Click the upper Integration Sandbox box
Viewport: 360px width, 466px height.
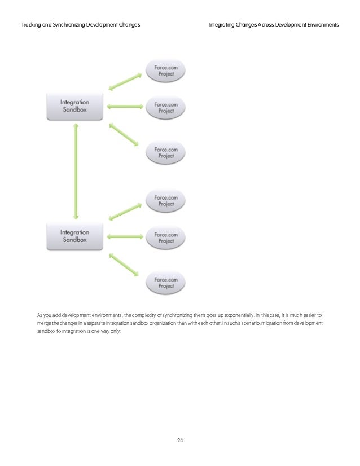pos(74,106)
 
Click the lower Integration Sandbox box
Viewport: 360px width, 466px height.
pos(74,236)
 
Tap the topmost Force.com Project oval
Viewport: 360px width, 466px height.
pos(166,70)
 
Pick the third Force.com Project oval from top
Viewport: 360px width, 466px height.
pos(166,152)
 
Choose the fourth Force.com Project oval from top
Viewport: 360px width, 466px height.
pos(166,200)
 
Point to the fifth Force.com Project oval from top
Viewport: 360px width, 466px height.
pos(166,237)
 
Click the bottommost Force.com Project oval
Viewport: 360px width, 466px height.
pos(166,283)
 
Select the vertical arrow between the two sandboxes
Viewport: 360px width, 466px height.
pos(75,171)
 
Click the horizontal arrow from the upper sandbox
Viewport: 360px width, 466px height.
pos(125,105)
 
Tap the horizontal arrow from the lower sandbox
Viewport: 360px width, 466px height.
pos(125,237)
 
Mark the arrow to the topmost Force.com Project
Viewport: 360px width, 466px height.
pos(124,80)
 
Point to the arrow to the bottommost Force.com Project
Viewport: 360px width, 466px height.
pos(124,265)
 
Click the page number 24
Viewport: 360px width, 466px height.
pos(180,439)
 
